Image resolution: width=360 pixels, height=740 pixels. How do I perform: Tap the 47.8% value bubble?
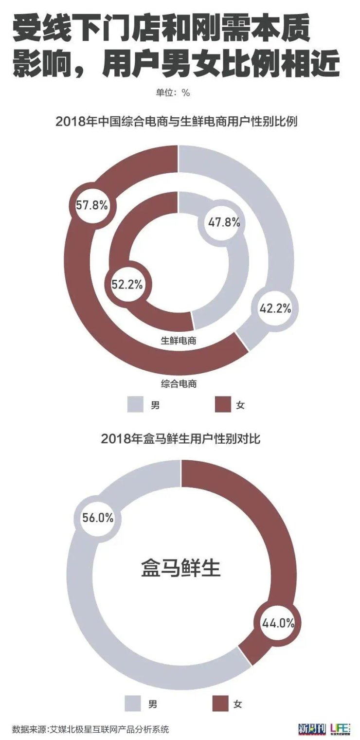tap(224, 223)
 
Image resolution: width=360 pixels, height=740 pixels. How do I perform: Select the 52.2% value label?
tap(127, 285)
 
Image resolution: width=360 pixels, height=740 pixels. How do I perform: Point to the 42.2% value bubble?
tap(275, 308)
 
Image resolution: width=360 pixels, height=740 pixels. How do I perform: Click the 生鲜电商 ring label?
tap(179, 341)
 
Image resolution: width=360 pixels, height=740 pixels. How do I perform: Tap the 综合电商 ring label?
tap(179, 383)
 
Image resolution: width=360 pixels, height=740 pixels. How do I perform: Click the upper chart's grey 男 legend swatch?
tap(135, 404)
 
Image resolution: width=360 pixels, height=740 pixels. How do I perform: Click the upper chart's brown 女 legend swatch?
tap(223, 404)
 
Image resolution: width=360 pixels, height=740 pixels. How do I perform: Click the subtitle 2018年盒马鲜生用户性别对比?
tap(180, 438)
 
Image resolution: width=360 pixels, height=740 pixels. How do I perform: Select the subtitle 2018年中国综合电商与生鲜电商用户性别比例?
tap(177, 121)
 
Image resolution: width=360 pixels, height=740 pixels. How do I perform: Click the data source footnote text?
tap(90, 729)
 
